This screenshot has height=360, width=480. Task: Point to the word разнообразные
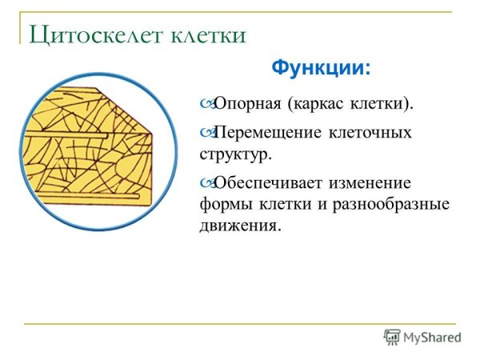coord(392,203)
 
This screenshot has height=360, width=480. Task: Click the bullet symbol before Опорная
coord(206,104)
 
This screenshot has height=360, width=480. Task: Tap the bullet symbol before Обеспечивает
coord(206,182)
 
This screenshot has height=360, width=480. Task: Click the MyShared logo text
coord(433,338)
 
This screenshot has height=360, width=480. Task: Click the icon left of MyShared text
coord(391,337)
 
